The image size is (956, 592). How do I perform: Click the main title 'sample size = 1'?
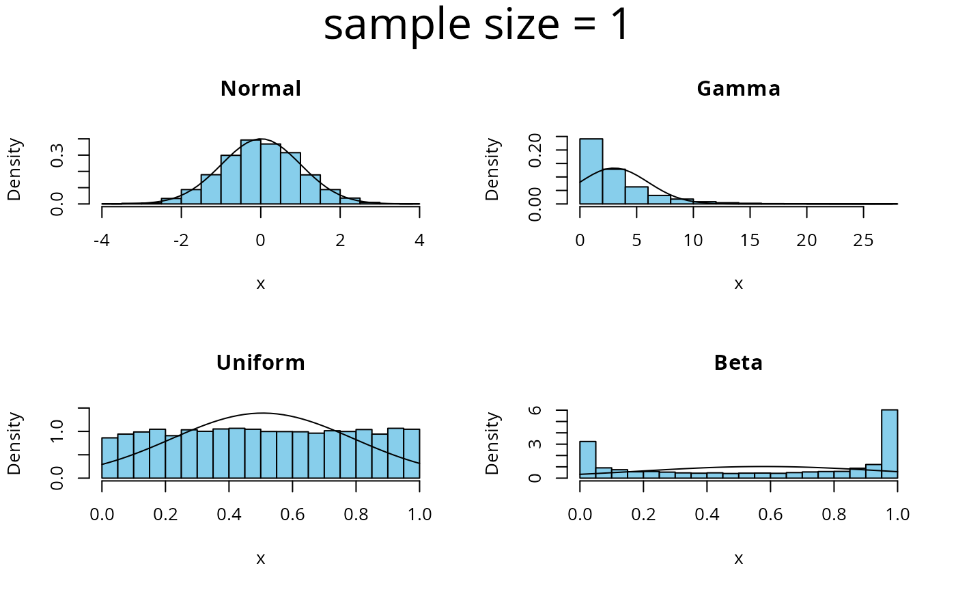pos(476,25)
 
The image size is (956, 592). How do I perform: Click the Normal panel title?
pos(261,89)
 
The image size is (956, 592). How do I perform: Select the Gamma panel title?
pos(738,89)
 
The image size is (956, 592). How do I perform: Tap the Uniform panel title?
pos(261,363)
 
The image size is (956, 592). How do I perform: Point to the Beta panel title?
pos(738,363)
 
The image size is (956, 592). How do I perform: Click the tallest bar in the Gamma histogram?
pos(591,171)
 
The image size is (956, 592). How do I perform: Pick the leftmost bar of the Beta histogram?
pos(587,459)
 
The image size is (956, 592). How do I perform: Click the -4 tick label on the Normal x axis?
pos(102,241)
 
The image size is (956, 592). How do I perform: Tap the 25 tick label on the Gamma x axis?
pos(864,241)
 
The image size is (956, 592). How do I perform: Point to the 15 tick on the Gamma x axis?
pos(750,208)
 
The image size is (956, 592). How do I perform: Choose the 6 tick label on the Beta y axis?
pos(535,410)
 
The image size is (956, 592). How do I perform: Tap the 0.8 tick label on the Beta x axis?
pos(834,515)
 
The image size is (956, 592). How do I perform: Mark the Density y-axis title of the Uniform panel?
pos(15,443)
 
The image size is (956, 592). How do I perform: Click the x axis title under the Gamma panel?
pos(738,284)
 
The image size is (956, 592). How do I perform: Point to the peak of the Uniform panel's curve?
pos(263,413)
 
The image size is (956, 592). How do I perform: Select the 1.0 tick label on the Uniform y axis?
pos(57,432)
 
